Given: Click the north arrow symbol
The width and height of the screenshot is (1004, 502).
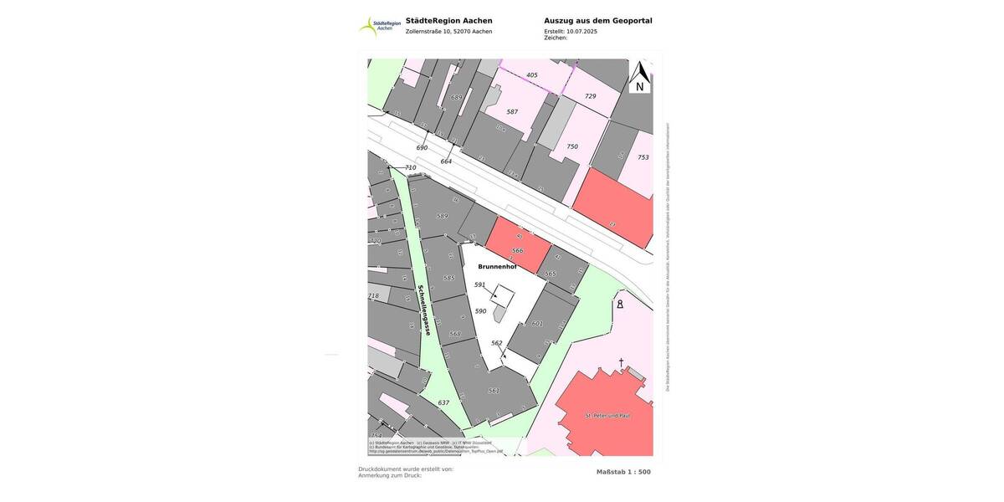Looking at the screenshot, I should (640, 76).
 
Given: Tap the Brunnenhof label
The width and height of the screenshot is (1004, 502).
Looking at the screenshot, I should (497, 267).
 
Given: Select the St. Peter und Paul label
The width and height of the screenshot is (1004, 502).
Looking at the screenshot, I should (607, 415).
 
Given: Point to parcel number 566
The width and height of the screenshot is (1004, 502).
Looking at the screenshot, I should (518, 250).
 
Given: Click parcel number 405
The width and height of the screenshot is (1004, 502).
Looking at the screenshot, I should (532, 75).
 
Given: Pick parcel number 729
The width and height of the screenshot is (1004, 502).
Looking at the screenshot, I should (591, 96).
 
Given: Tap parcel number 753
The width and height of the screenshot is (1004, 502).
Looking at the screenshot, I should (643, 157).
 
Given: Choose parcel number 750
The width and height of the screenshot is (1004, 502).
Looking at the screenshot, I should (572, 146).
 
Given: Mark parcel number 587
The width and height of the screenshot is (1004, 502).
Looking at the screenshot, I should (512, 111).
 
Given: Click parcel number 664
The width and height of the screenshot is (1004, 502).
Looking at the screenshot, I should (446, 161).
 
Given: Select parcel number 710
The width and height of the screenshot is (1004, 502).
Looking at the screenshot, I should (410, 168).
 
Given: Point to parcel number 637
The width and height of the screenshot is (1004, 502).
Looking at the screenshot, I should (443, 402).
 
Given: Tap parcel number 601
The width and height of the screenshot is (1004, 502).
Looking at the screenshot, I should (537, 323).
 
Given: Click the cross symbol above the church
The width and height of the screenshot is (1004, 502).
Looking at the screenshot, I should (621, 362).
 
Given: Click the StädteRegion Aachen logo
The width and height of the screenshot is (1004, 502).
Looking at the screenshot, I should (378, 25).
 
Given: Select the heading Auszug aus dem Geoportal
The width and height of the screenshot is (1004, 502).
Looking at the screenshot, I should (597, 21).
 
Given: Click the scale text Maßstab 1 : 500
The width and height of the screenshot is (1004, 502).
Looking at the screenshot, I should (623, 472).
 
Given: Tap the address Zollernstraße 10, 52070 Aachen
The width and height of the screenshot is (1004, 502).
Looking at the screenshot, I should (448, 32).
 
